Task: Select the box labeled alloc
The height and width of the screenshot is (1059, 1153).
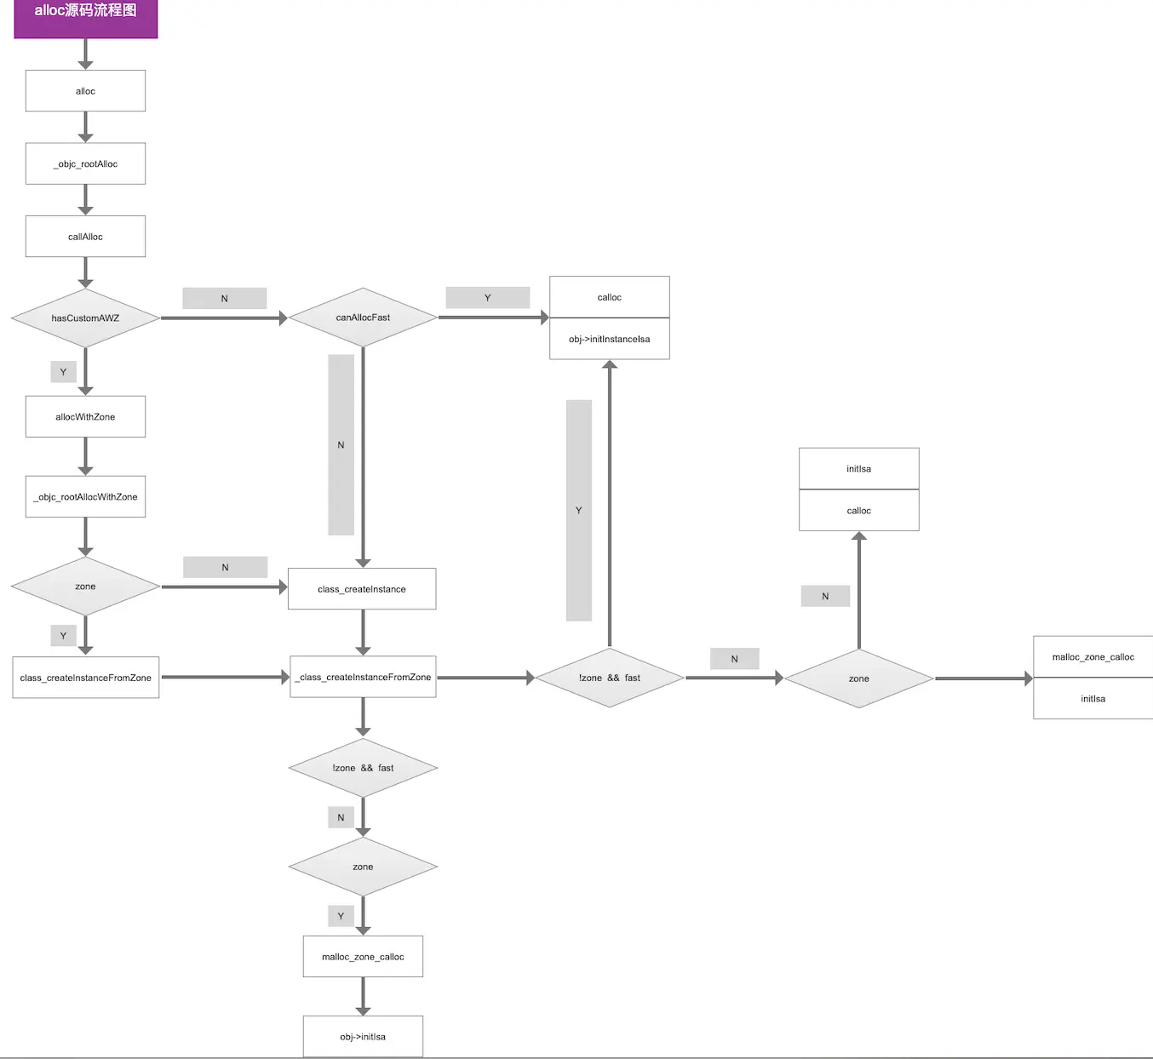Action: [x=85, y=91]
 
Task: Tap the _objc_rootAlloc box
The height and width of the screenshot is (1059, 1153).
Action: [x=85, y=163]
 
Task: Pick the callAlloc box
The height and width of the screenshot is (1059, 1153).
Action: [x=85, y=237]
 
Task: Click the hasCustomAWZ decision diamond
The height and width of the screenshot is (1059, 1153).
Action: [x=85, y=318]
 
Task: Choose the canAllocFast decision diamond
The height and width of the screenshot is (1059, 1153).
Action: [x=363, y=318]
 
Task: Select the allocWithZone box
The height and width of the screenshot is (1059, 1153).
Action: [x=85, y=417]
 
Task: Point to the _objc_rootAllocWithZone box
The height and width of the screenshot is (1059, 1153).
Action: [x=85, y=497]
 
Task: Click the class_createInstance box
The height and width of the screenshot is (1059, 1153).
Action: [x=362, y=589]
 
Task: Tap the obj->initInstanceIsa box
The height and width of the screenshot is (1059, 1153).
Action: [x=610, y=340]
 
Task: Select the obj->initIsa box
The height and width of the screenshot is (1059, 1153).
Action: [x=363, y=1037]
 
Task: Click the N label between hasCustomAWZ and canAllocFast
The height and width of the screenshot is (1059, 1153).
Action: [x=225, y=299]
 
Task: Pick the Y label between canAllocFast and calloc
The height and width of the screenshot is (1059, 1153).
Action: [x=488, y=298]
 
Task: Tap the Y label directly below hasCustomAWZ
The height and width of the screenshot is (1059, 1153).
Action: [x=63, y=372]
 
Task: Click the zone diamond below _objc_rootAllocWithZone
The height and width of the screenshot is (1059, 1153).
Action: [x=85, y=587]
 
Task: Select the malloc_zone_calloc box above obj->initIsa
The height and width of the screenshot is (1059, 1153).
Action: [x=363, y=957]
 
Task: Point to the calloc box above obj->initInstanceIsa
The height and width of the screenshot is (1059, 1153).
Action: [x=610, y=297]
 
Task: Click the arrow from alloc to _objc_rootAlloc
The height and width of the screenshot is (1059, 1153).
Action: [x=85, y=127]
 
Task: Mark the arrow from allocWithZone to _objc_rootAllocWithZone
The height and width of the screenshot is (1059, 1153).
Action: [x=85, y=456]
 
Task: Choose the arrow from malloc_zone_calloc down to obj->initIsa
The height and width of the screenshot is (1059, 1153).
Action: [x=363, y=996]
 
